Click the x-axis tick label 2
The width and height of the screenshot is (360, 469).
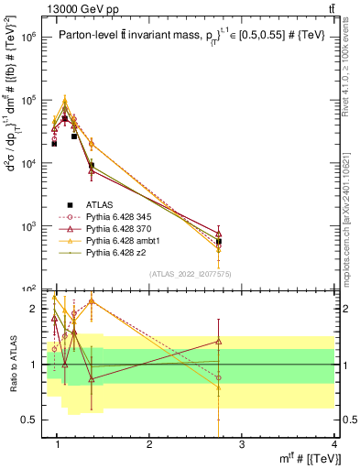(149, 445)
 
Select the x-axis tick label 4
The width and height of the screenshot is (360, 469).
(334, 445)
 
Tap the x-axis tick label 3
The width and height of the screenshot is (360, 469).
(242, 445)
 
